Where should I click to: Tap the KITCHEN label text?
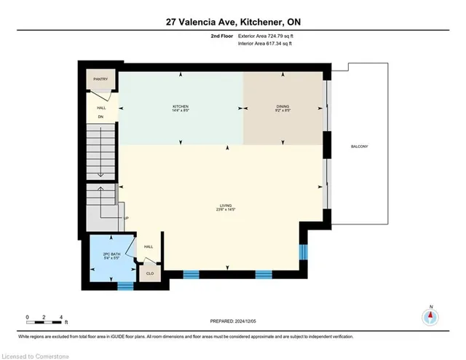coord(181,106)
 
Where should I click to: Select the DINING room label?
coord(283,106)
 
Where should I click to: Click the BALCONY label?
coord(359,146)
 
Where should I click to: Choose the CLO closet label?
coord(150,274)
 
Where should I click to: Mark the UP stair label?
coord(126,218)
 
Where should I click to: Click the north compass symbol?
coord(431,317)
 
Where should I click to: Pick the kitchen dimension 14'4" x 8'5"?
coord(181,111)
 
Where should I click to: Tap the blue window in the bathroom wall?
coord(126,285)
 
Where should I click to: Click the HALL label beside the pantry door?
coord(101,107)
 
